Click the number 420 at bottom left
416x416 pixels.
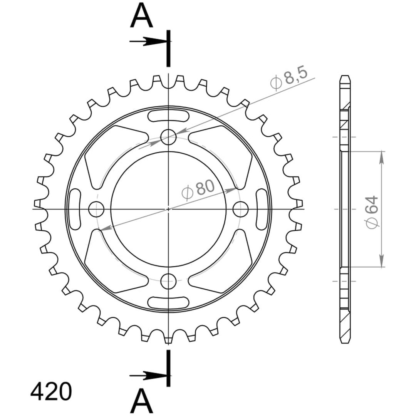pyautogui.click(x=51, y=392)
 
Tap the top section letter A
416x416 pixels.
pyautogui.click(x=142, y=16)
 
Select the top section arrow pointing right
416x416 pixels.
pyautogui.click(x=149, y=41)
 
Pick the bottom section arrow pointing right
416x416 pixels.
pyautogui.click(x=149, y=376)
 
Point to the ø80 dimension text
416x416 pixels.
pyautogui.click(x=198, y=189)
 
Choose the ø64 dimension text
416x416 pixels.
pyautogui.click(x=372, y=212)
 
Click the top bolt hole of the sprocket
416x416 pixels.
pyautogui.click(x=168, y=137)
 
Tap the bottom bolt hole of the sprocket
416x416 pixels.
pyautogui.click(x=168, y=281)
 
